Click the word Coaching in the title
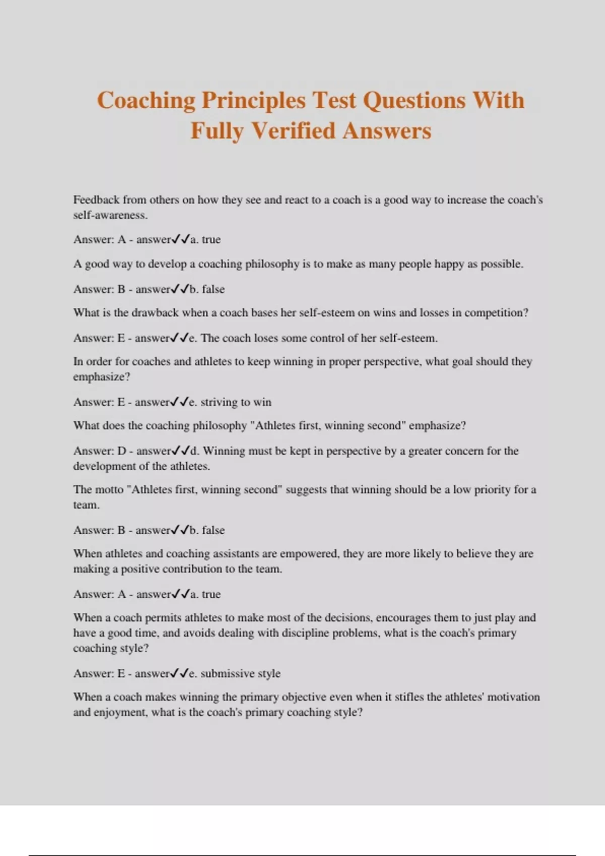146,100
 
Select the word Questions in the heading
414,100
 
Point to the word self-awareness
110,215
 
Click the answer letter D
122,451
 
